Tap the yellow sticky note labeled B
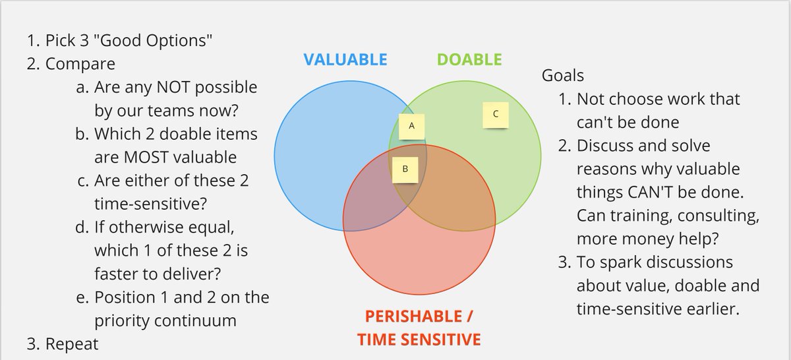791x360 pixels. (x=405, y=169)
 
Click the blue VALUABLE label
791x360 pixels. (x=345, y=59)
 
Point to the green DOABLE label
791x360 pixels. (x=469, y=59)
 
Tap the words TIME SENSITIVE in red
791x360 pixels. (x=419, y=340)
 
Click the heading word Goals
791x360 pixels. (x=562, y=75)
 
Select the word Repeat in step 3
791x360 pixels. (x=72, y=344)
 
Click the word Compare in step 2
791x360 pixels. (x=80, y=64)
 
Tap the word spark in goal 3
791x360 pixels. (x=630, y=262)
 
